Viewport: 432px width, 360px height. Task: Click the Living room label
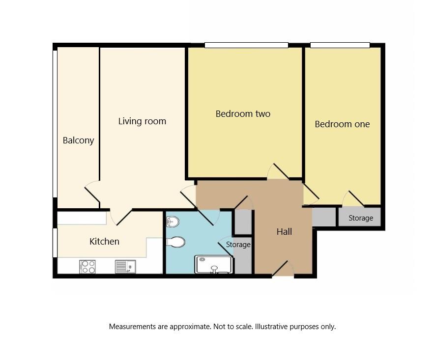tap(142, 121)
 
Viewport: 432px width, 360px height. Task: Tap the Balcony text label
tap(78, 140)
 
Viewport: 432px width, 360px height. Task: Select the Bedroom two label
tap(243, 114)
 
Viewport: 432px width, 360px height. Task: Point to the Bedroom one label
tap(342, 124)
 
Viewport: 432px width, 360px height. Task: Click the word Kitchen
tap(104, 242)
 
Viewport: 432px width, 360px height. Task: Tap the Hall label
tap(284, 232)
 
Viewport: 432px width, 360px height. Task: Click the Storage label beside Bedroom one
tap(361, 218)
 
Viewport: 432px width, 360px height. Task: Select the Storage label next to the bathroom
tap(238, 245)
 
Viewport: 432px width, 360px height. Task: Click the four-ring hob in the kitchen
tap(87, 267)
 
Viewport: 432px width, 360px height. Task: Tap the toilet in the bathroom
tap(175, 242)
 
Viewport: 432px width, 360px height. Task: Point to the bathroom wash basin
tap(172, 222)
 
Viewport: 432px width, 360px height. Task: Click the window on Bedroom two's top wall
tap(246, 45)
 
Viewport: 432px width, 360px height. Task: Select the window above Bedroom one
tap(340, 45)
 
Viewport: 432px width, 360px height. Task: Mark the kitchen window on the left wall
tap(55, 242)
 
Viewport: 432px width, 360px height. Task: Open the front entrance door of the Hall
tap(283, 269)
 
